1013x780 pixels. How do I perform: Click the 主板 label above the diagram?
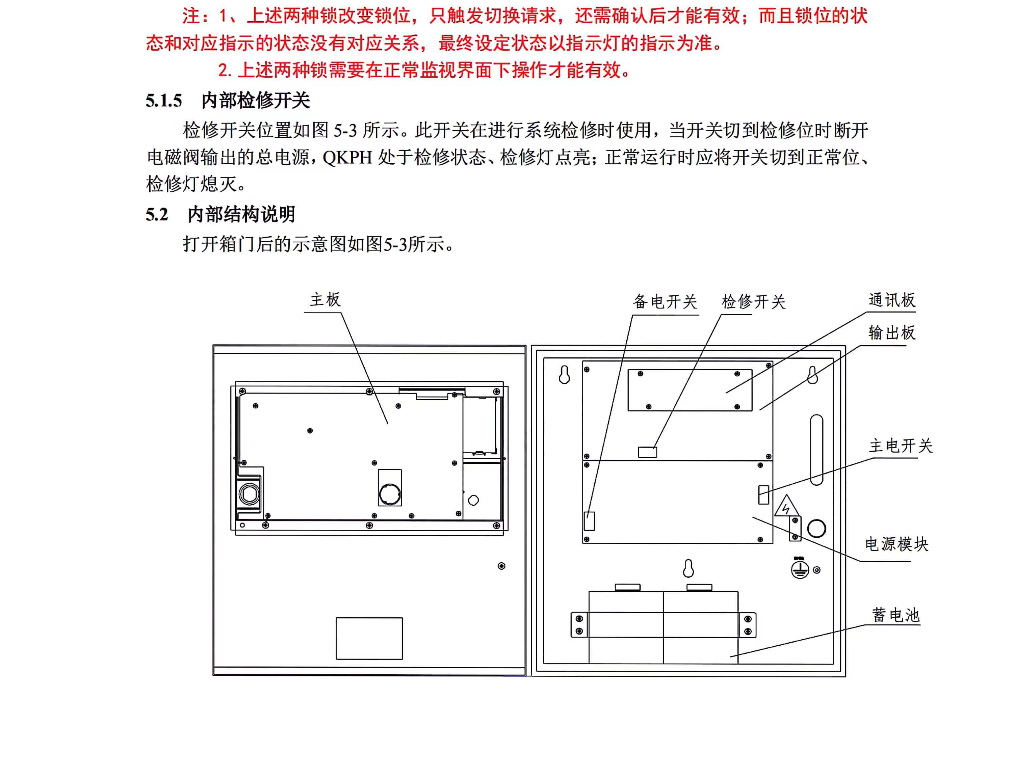tap(325, 300)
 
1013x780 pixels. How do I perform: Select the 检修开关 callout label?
tap(753, 302)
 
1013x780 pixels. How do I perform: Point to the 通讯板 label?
tap(891, 300)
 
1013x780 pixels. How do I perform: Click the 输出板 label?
tap(891, 332)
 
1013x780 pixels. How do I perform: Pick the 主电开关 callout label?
tap(900, 446)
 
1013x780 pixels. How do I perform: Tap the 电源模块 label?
tap(897, 544)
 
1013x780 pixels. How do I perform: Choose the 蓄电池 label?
tap(895, 615)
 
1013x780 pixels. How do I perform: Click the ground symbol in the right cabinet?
tap(800, 569)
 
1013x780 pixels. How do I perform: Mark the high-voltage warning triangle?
tap(786, 507)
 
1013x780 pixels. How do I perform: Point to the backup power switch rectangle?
tap(589, 521)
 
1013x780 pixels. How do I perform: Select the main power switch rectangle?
tap(763, 494)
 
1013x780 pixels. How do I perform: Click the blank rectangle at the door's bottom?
tap(369, 638)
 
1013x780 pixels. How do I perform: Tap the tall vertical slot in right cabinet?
tap(816, 450)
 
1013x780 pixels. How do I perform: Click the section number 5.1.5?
tap(164, 101)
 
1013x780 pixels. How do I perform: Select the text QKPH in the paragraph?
tap(347, 158)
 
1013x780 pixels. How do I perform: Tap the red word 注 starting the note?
tap(191, 16)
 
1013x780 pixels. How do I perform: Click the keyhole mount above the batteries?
tap(688, 568)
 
